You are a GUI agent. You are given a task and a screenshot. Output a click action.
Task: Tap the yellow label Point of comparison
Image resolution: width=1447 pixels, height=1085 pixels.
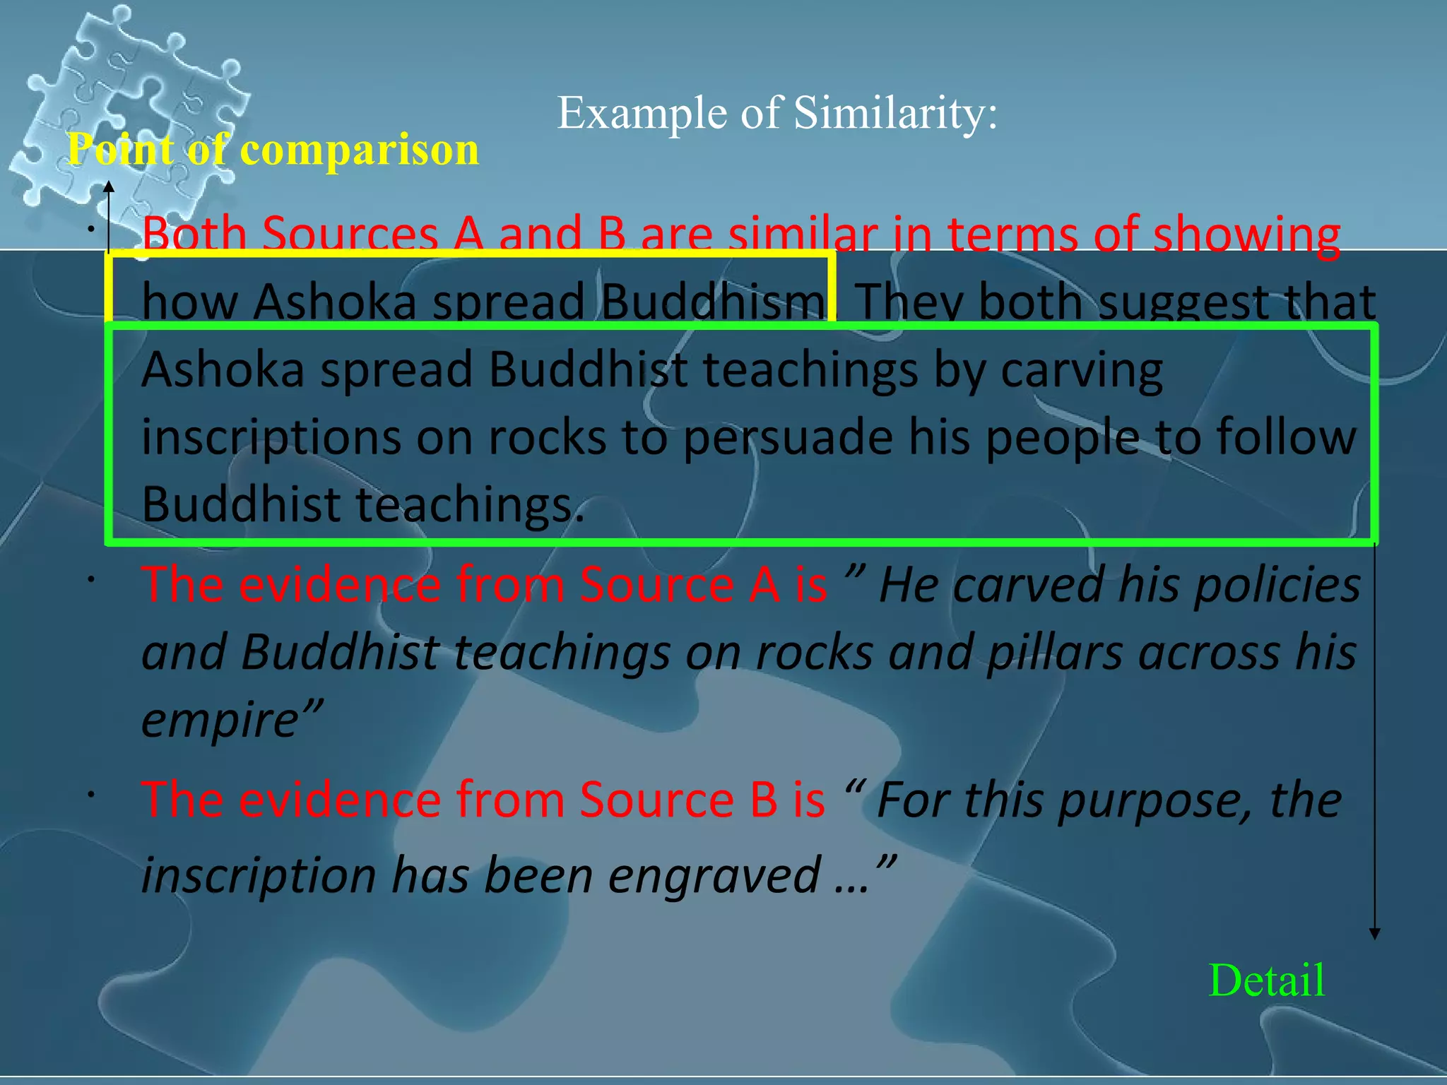[x=273, y=150]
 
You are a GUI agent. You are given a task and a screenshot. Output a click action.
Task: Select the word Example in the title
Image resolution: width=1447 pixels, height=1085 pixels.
[x=642, y=114]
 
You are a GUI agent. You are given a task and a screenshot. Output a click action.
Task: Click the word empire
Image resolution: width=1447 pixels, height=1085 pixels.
[x=225, y=720]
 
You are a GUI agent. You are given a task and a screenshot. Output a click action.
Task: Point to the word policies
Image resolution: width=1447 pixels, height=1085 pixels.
[x=1277, y=585]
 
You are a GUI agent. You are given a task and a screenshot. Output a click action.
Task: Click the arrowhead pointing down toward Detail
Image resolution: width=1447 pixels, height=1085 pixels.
[x=1374, y=934]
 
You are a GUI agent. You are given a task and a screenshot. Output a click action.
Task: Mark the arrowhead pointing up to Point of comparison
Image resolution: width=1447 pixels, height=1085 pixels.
[x=109, y=186]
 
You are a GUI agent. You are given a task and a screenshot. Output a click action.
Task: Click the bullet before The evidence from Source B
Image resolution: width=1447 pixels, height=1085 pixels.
[x=91, y=795]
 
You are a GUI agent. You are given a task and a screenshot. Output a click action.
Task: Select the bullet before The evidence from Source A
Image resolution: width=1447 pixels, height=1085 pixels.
[x=91, y=579]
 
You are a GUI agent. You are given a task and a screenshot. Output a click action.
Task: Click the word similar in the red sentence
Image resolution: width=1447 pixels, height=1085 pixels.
[x=803, y=233]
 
